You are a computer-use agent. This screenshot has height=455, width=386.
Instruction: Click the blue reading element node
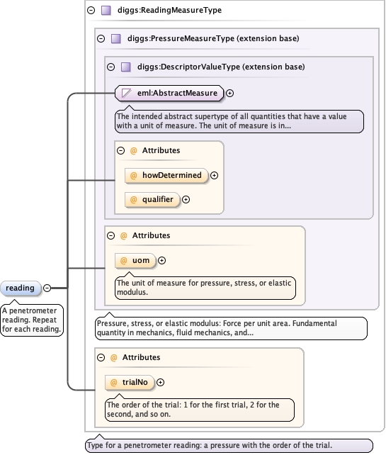(21, 288)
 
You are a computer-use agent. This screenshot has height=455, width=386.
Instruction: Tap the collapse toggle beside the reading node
(47, 288)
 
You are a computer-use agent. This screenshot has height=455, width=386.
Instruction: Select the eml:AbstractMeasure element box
(169, 93)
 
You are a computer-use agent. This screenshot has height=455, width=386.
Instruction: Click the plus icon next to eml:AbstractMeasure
(229, 93)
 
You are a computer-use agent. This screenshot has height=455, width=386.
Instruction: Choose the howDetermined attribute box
(166, 175)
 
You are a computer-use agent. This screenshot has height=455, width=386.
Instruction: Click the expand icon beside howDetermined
(214, 175)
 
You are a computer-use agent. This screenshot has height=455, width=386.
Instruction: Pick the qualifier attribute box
(152, 200)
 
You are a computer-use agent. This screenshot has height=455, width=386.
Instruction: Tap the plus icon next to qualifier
(186, 200)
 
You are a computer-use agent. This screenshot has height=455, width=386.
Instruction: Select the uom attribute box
(135, 261)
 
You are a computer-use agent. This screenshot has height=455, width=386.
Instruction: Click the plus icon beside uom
(161, 261)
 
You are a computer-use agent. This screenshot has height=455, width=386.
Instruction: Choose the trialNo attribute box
(130, 383)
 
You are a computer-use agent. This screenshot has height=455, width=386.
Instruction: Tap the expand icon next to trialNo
(160, 383)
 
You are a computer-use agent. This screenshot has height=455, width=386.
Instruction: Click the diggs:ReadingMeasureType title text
(169, 10)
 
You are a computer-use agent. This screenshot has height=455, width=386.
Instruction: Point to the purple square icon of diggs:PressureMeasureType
(116, 38)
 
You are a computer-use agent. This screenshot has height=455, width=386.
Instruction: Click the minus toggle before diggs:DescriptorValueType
(110, 67)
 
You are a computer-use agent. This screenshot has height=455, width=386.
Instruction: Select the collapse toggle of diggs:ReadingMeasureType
(91, 11)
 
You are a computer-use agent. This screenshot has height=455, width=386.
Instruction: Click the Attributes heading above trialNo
(141, 357)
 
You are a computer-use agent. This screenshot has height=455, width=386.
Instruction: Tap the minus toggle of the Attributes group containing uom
(110, 235)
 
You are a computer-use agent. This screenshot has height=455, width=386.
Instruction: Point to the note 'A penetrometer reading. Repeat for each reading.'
(32, 320)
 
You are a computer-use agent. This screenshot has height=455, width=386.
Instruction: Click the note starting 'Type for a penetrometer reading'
(229, 445)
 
